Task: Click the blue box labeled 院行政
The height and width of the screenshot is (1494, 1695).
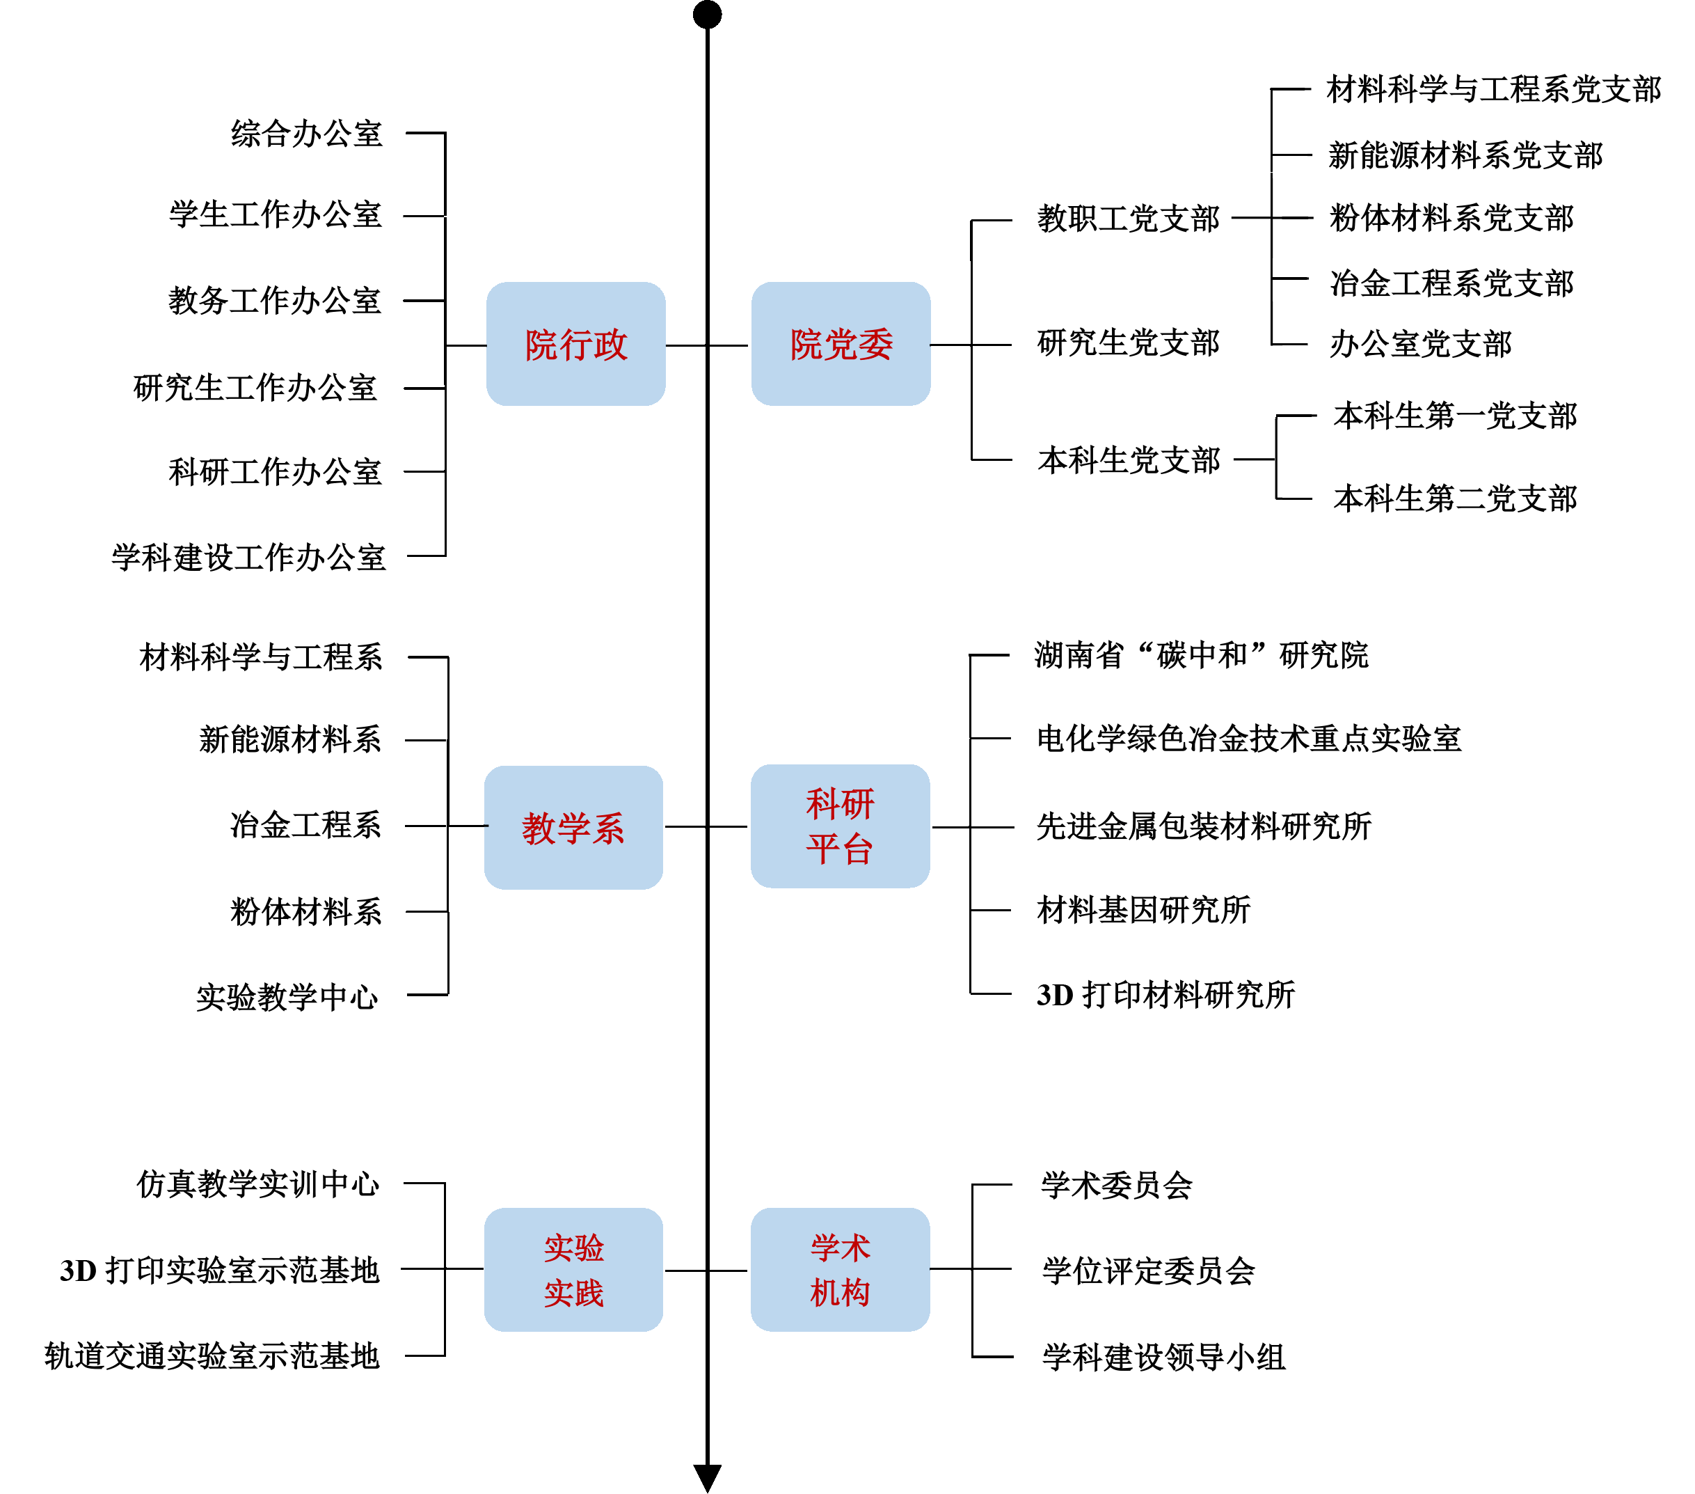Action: coord(575,344)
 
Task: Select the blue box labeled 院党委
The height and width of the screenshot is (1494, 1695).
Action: coord(840,344)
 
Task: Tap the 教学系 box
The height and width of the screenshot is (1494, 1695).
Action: coord(573,827)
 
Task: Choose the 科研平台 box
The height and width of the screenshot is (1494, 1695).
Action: coord(839,826)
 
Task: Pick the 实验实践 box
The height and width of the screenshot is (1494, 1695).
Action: coord(573,1269)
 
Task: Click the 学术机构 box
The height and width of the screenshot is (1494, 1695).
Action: coord(839,1269)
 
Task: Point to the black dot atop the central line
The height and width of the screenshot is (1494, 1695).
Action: coord(708,14)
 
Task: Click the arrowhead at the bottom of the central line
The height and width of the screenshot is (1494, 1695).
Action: coord(708,1477)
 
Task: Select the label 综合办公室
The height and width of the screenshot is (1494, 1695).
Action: coord(306,134)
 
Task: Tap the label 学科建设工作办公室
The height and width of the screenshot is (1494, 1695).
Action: coord(249,557)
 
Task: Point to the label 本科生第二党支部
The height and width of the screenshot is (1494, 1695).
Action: coord(1456,498)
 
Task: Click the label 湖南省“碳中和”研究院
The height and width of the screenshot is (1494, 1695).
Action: coord(1201,655)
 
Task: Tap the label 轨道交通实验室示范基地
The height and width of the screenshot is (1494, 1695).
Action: coord(212,1356)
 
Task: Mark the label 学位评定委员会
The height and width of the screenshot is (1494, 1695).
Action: coord(1149,1270)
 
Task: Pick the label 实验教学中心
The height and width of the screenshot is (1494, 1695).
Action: coord(287,996)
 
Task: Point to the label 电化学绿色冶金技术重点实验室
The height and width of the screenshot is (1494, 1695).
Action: coord(1249,738)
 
